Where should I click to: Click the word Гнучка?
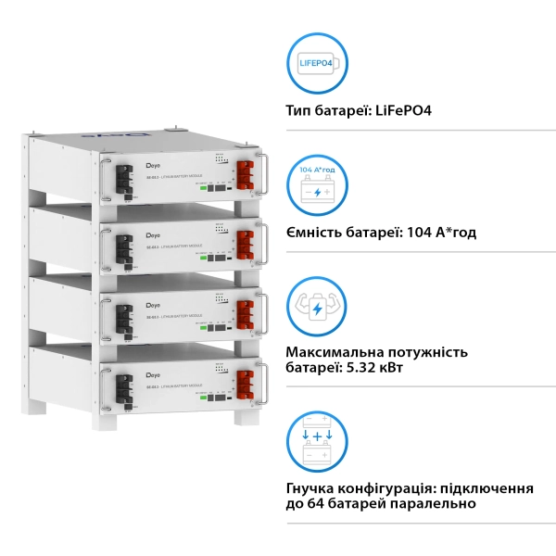[312, 487]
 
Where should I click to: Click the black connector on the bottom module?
[122, 387]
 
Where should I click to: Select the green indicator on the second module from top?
[202, 255]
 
